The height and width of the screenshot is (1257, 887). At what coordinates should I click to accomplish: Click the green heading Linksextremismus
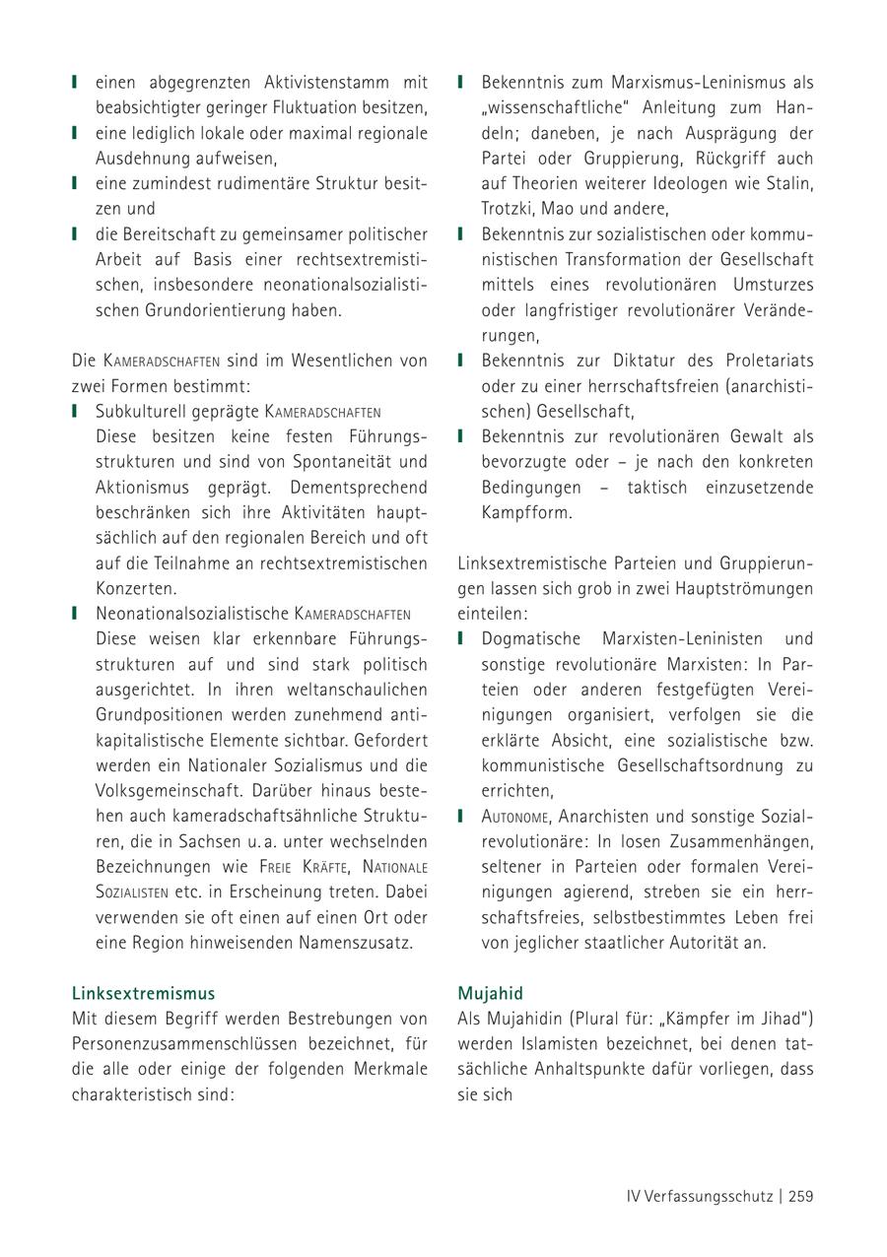144,993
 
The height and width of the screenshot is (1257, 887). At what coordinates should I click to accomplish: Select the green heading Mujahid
490,993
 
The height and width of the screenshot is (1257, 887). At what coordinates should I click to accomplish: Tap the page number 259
800,1196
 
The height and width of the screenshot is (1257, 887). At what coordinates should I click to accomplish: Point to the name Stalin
792,183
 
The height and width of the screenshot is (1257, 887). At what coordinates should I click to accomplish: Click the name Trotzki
506,209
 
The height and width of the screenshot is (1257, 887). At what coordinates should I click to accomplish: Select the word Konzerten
136,588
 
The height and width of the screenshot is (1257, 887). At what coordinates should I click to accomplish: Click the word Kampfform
526,512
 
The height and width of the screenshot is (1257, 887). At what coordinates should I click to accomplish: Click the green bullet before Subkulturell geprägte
75,411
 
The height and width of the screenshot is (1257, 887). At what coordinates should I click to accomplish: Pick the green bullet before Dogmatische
460,638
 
